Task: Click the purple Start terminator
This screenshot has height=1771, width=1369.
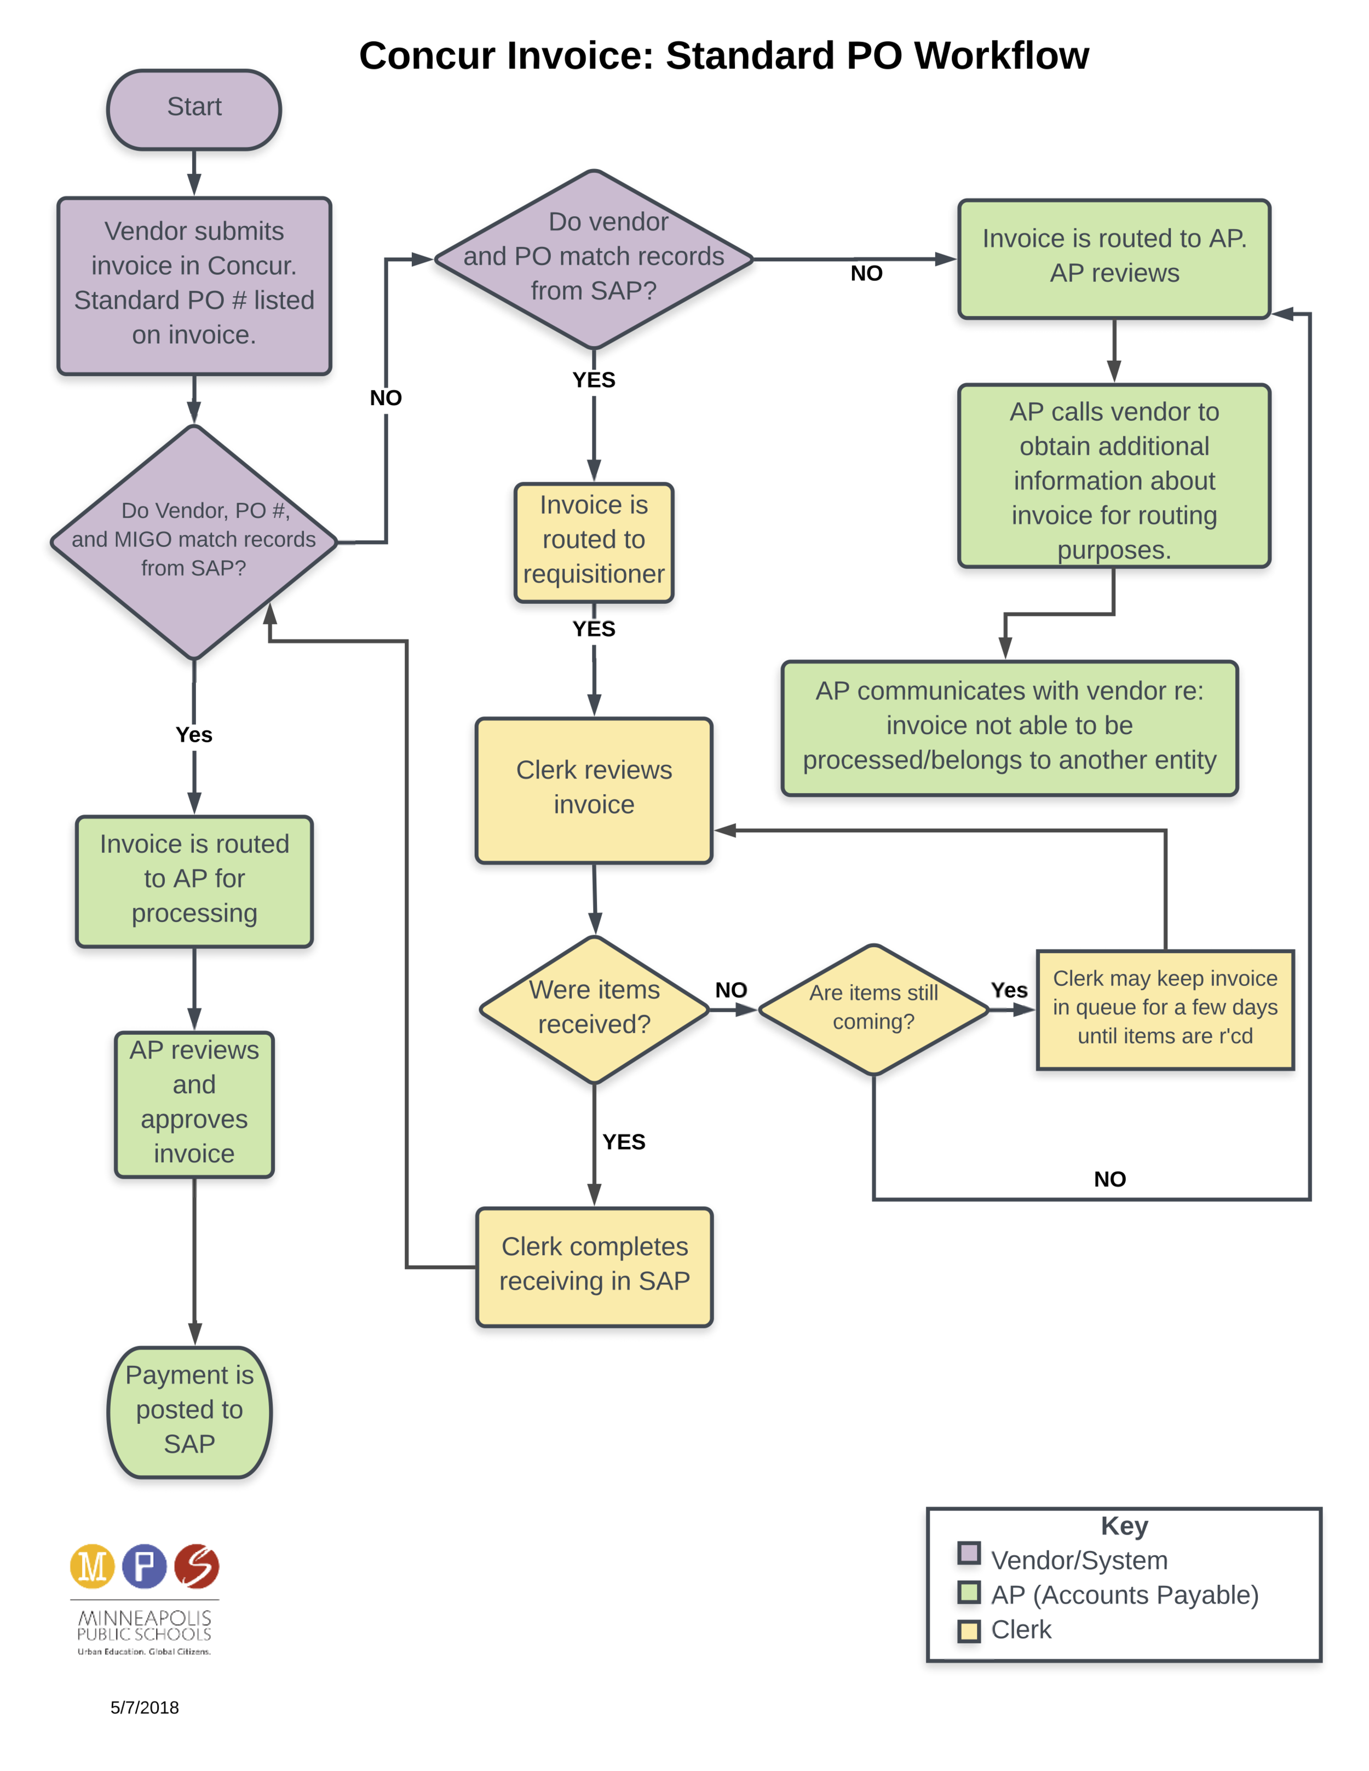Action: [194, 108]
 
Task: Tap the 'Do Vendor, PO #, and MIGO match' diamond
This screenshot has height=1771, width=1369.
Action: [194, 541]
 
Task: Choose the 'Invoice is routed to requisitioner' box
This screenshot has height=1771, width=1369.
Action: [594, 541]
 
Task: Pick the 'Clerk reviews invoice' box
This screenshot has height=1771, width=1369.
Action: [594, 789]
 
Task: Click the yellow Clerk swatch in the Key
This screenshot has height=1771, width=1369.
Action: [968, 1630]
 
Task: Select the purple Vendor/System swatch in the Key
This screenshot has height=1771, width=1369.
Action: [968, 1553]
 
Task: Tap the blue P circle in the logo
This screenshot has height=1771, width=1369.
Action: [145, 1565]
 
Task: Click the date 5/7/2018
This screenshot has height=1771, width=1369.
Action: [145, 1707]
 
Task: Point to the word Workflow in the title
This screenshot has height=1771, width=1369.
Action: [1002, 57]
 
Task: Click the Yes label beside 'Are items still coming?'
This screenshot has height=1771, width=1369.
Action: [1009, 990]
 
